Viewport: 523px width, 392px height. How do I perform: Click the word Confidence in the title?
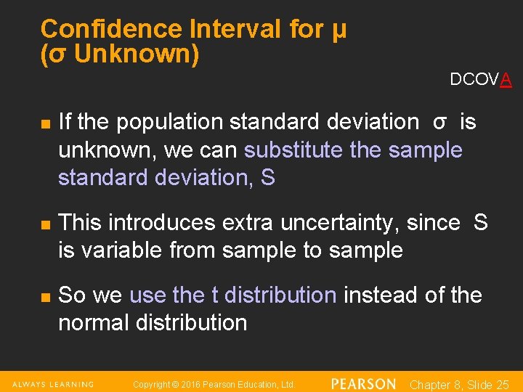coord(111,30)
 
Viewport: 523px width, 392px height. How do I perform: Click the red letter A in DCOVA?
coord(506,80)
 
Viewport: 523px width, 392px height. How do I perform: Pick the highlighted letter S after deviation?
coord(268,178)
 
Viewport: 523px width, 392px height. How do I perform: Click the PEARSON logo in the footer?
coord(363,384)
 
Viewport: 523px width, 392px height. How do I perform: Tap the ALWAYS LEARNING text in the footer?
coord(53,384)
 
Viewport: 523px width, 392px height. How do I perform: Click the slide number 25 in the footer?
coord(502,385)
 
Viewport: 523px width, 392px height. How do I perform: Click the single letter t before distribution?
coord(214,295)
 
